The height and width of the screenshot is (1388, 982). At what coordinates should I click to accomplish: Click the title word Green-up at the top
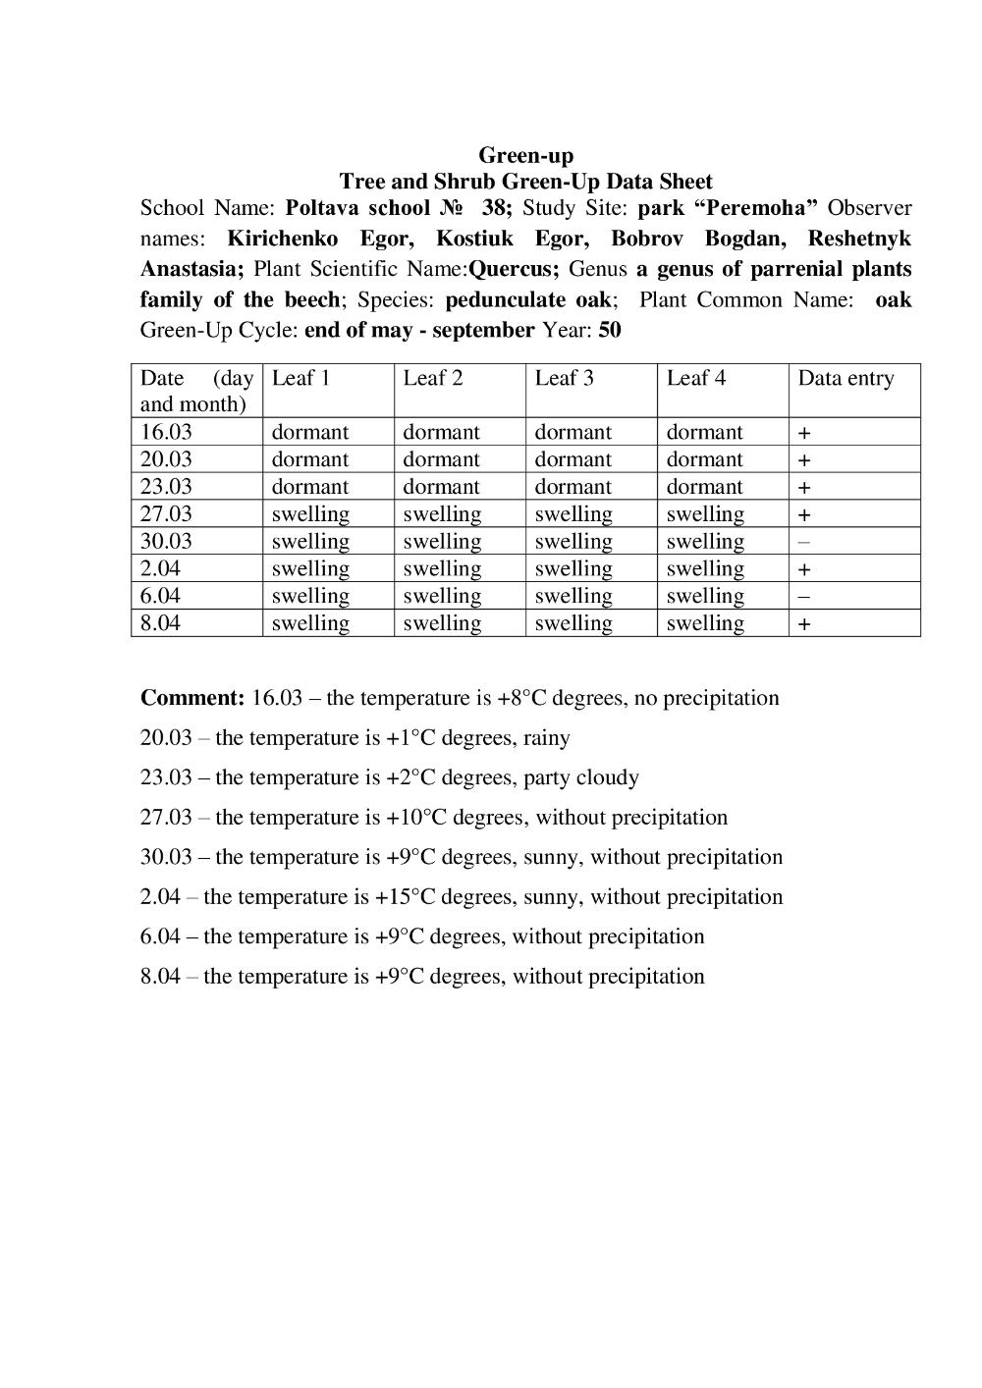point(525,155)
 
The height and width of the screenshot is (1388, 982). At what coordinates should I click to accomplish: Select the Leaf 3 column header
point(564,378)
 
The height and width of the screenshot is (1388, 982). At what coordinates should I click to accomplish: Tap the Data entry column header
point(846,378)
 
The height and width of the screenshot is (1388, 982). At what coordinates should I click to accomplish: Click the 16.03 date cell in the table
point(166,432)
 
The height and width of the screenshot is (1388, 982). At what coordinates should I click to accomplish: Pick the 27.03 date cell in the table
point(166,514)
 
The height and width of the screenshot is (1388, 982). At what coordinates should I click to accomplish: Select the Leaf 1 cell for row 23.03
point(309,487)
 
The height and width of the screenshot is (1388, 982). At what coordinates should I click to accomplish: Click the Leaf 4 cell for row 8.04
point(705,623)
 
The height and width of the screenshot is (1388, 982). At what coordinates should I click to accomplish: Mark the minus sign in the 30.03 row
point(803,542)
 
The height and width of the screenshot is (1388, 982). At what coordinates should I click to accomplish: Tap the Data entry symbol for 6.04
point(803,597)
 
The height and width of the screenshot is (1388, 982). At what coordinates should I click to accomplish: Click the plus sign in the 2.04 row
point(803,569)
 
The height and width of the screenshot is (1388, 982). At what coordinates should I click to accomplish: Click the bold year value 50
point(609,330)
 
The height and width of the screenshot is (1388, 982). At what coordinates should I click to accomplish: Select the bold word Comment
point(191,698)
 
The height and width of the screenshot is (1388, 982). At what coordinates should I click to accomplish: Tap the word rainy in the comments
point(546,738)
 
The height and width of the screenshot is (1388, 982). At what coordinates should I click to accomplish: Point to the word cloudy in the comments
point(607,778)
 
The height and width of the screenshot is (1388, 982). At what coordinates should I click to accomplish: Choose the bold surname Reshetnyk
point(859,239)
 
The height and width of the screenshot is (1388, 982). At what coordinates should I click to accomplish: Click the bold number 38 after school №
point(497,208)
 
